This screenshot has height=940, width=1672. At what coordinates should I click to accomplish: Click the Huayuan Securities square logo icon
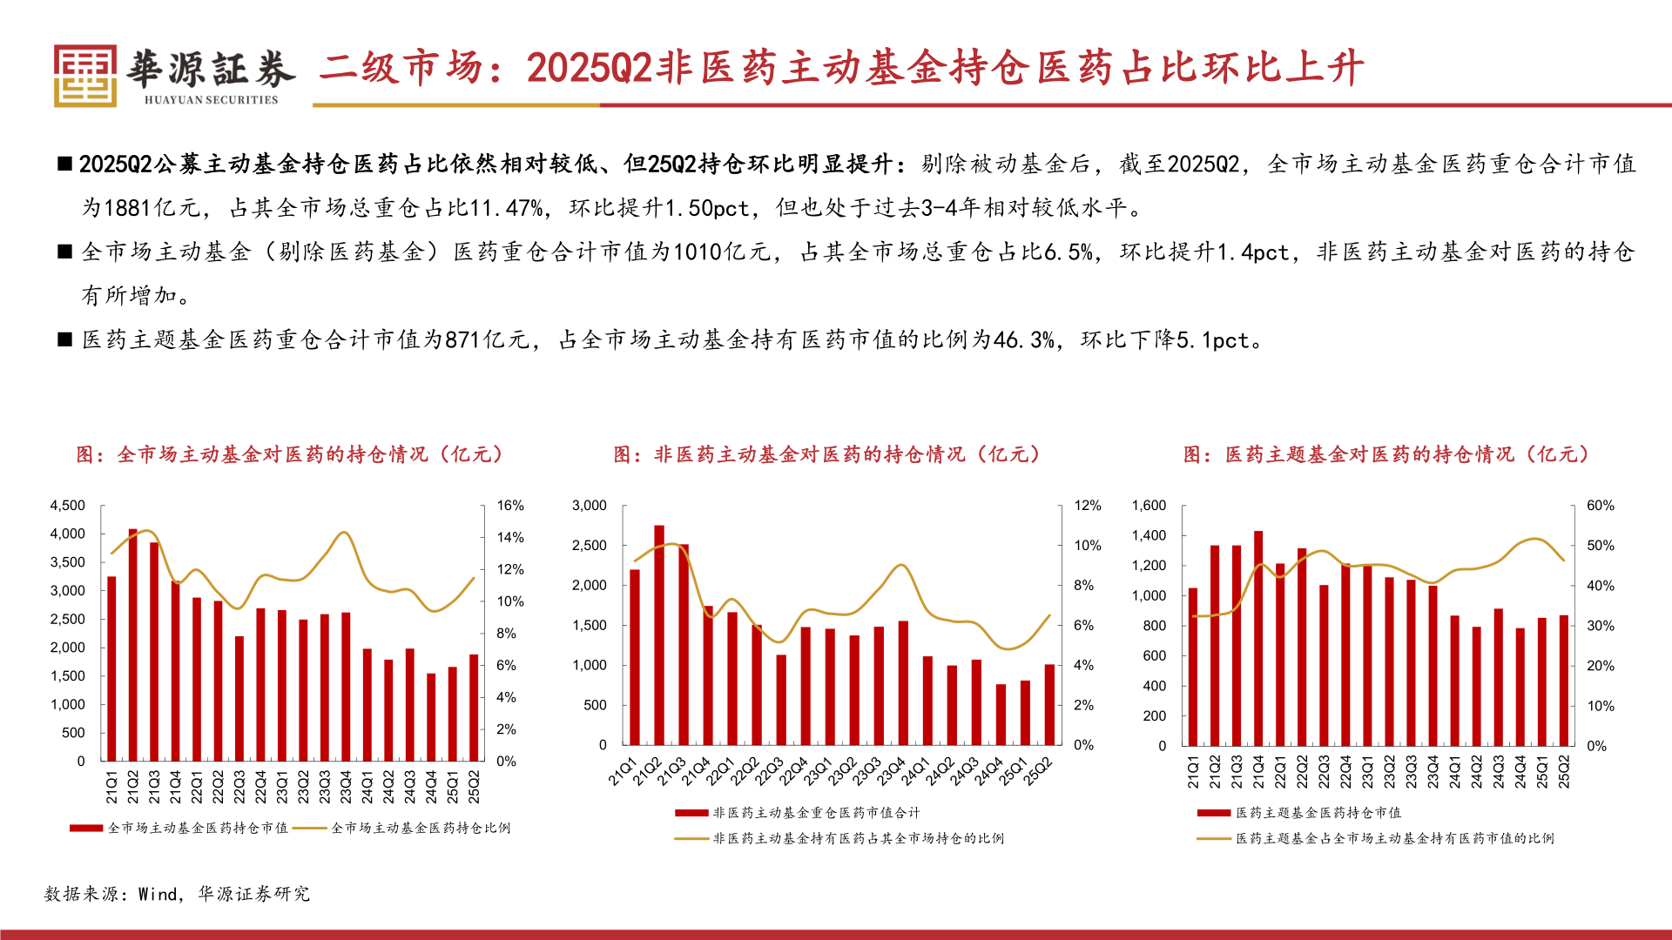coord(84,76)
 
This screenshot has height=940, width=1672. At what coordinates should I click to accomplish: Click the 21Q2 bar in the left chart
coord(133,644)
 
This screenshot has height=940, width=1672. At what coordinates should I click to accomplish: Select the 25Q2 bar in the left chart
coord(474,707)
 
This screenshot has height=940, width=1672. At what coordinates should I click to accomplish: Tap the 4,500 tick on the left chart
coord(68,506)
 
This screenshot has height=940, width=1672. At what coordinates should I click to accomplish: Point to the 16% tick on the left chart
coord(510,506)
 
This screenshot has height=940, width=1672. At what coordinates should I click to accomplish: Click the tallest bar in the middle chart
coord(659,634)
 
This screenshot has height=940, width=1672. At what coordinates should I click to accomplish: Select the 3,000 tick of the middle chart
coord(590,506)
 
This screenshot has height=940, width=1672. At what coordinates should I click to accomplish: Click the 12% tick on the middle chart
coord(1088,506)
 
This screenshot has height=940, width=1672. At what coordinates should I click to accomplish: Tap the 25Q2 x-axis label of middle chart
coord(1039,771)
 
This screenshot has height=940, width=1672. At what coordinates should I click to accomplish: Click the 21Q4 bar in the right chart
coord(1258,638)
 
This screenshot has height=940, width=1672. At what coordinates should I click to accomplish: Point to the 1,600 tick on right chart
coord(1149,506)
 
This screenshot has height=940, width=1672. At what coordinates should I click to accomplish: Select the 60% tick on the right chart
coord(1601,506)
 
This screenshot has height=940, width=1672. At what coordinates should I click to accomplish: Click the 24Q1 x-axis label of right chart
coord(1455,772)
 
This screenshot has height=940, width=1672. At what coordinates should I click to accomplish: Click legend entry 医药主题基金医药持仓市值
coord(1318,813)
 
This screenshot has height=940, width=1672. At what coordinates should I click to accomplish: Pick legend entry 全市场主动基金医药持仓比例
coord(421,828)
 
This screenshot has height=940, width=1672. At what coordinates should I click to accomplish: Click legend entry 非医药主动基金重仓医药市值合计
coord(816,813)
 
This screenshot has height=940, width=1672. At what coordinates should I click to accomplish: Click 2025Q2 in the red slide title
coord(590,68)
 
